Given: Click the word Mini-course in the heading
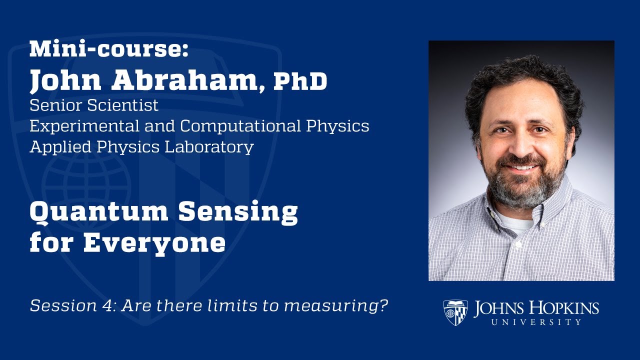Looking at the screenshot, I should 109,49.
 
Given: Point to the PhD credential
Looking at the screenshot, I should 300,81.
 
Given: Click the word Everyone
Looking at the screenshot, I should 154,243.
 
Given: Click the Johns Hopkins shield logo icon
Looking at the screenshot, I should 455,312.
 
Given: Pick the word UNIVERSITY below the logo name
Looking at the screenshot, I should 536,322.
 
